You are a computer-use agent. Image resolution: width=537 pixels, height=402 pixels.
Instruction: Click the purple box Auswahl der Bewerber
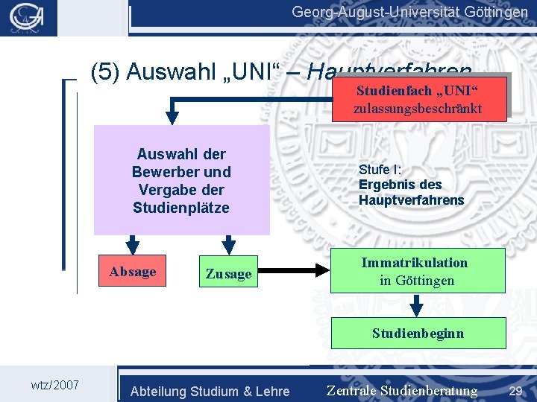(x=181, y=180)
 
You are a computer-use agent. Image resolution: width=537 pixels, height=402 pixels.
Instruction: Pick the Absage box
(x=132, y=272)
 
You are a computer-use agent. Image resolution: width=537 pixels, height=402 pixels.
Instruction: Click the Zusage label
(x=228, y=274)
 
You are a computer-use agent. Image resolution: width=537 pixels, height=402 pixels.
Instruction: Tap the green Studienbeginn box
(x=418, y=333)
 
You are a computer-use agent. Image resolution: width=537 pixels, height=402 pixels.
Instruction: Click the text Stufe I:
(x=380, y=169)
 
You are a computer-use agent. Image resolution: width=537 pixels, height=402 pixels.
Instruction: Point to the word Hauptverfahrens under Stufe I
(x=411, y=200)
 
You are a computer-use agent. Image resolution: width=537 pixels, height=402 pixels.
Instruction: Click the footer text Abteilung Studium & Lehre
(x=210, y=391)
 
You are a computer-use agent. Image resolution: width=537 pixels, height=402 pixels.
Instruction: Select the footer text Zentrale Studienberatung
(x=401, y=390)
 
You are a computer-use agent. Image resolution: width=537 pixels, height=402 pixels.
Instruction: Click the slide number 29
(x=515, y=390)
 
